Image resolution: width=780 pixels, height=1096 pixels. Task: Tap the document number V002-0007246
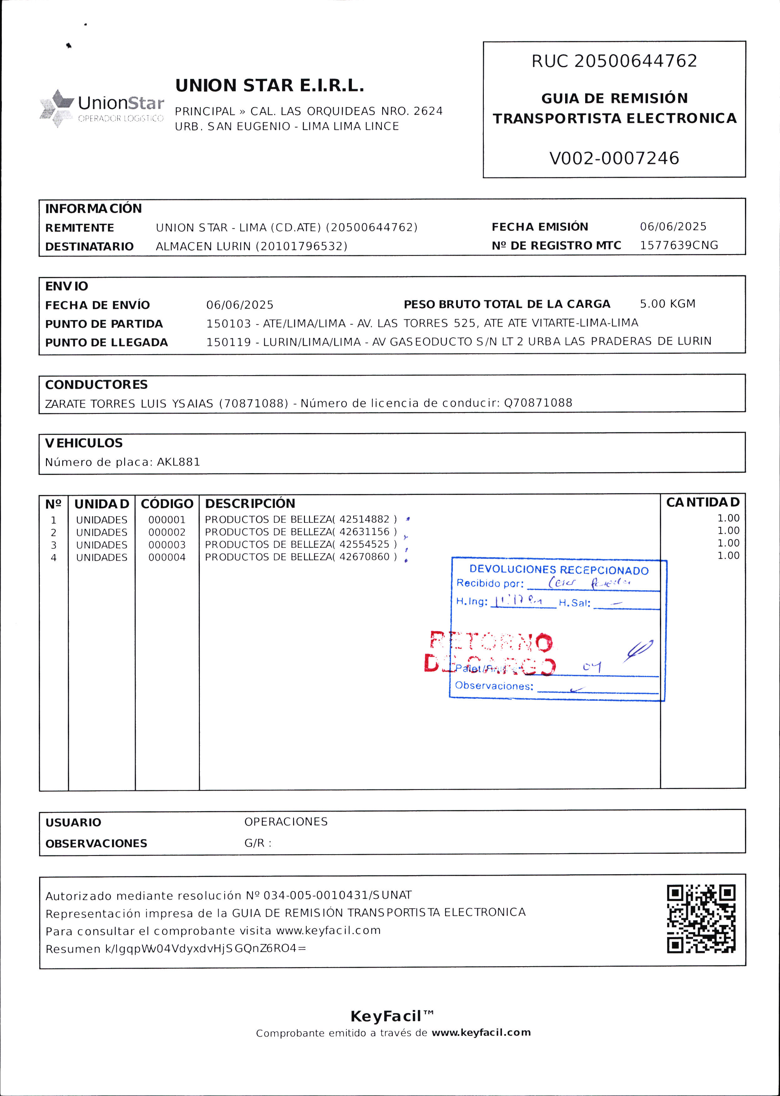coord(614,158)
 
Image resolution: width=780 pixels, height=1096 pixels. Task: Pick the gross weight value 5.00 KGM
coord(667,304)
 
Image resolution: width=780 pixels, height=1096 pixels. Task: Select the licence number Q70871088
coord(538,403)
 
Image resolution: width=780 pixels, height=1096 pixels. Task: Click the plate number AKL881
coord(178,462)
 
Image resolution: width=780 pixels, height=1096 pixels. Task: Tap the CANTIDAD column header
coord(703,502)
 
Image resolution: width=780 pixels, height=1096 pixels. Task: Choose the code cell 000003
coord(167,545)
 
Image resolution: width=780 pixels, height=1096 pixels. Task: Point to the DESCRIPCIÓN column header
coord(250,503)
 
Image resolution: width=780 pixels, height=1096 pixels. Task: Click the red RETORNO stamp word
coord(491,642)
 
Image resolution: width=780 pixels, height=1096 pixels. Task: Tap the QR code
coord(701,919)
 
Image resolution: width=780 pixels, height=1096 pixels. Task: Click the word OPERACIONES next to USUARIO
coord(286,822)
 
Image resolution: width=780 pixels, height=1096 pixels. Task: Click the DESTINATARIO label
coord(89,247)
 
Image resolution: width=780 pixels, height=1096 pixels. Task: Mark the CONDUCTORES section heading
coord(96,385)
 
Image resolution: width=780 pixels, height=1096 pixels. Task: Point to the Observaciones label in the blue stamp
coord(494,686)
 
